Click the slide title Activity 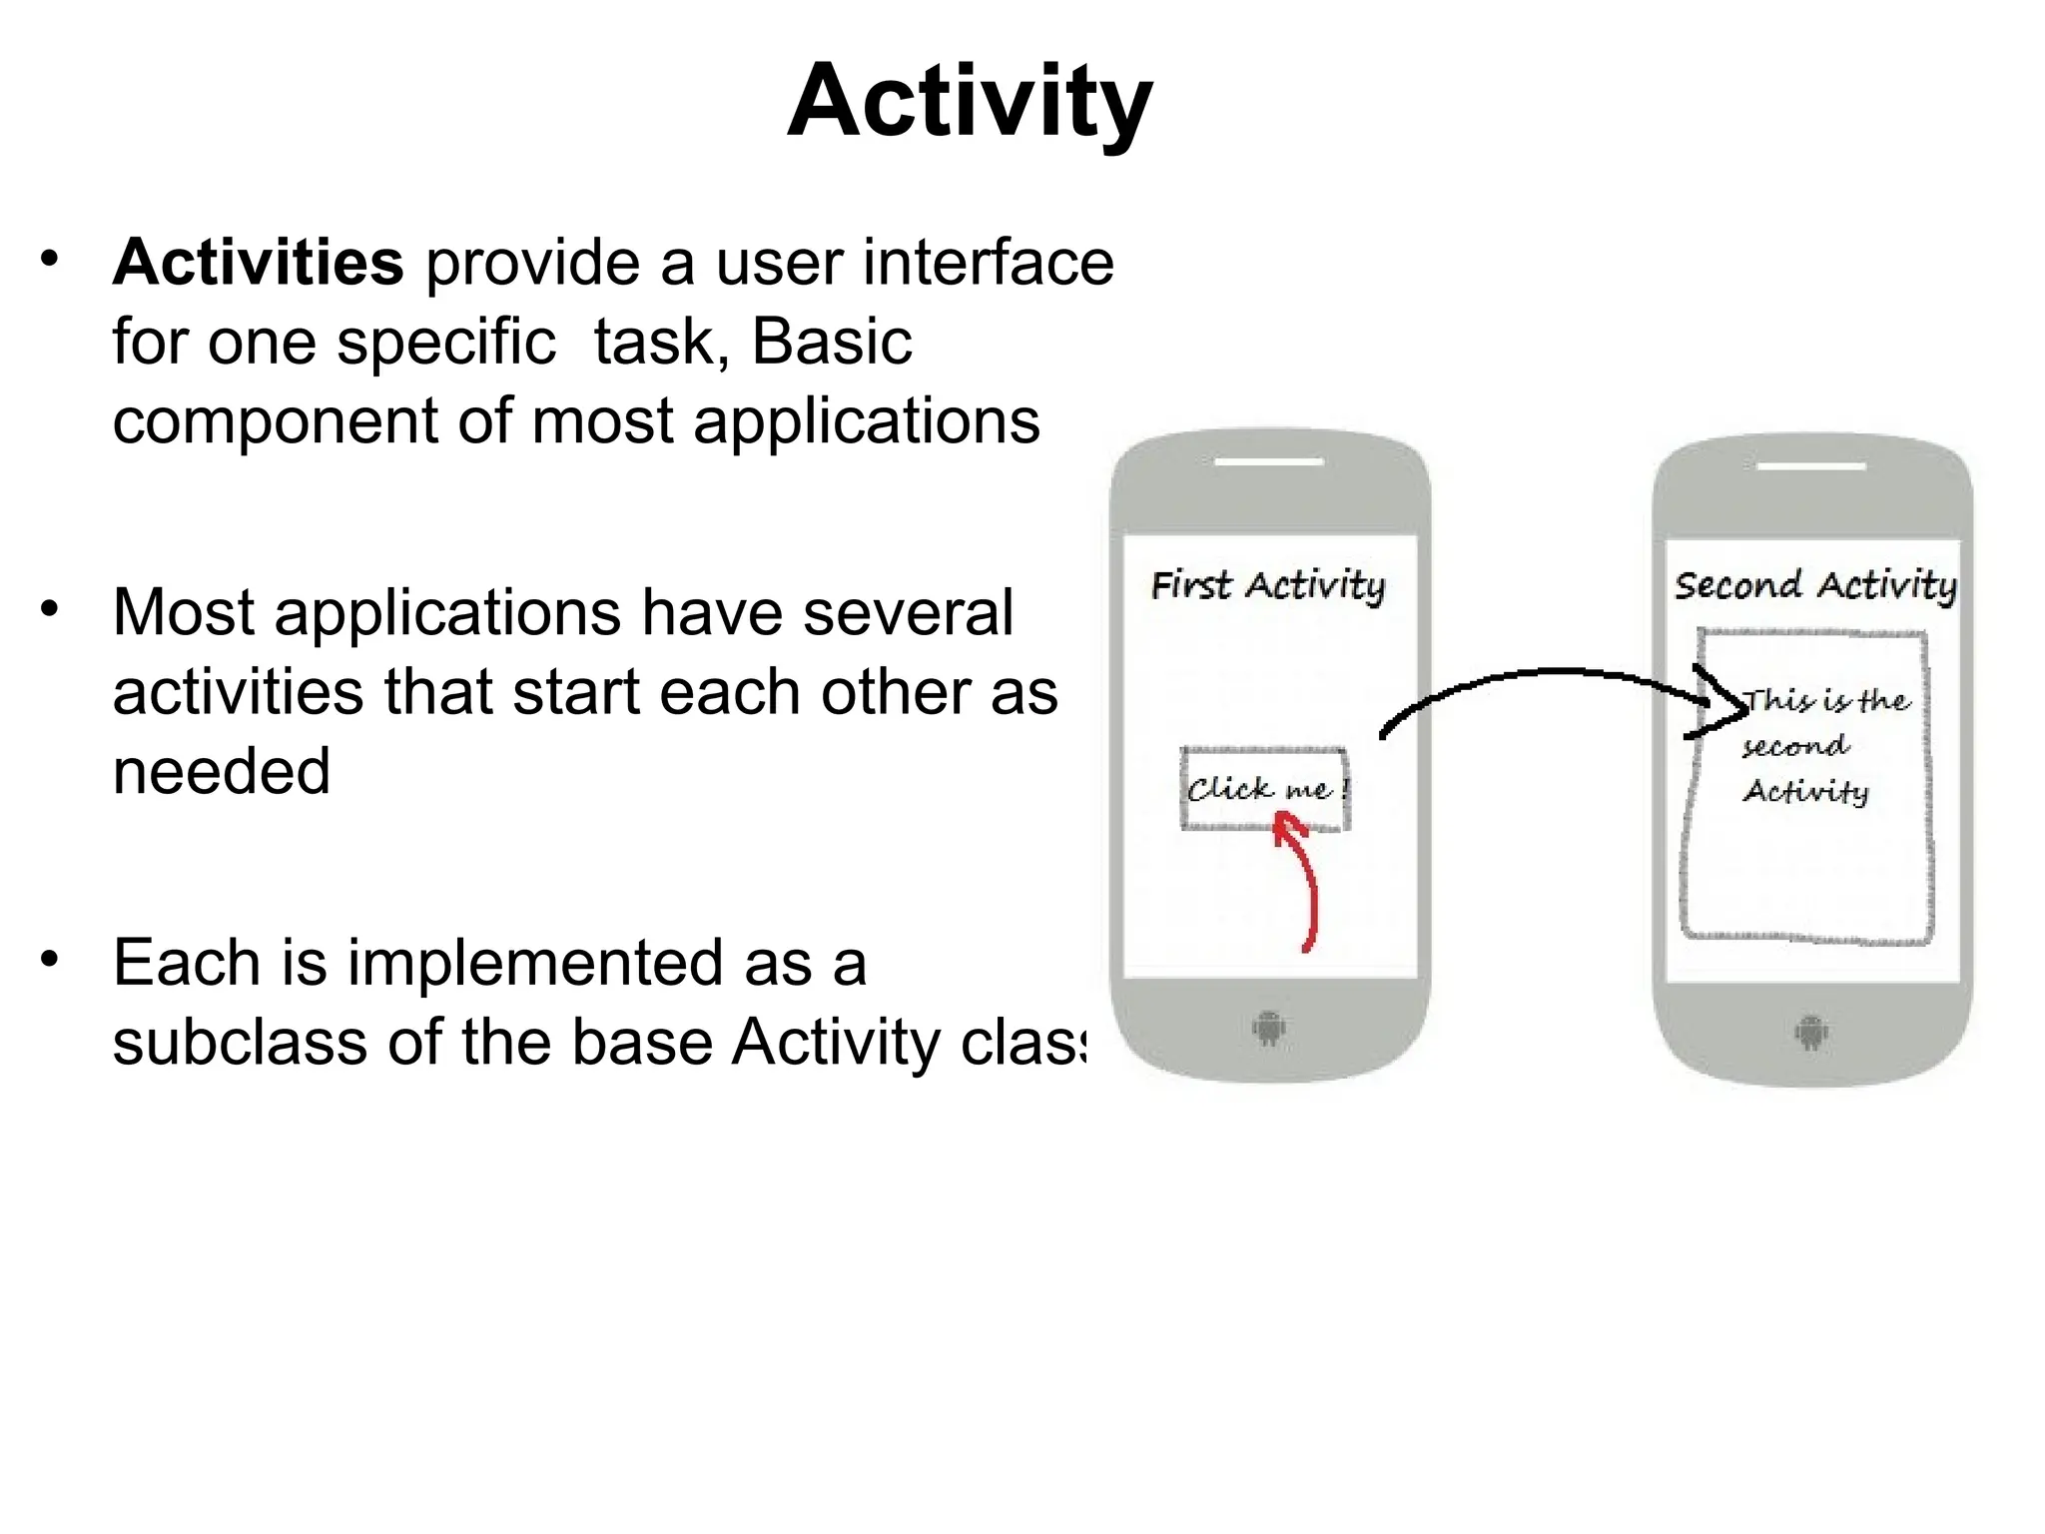point(970,102)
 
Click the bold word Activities point(258,263)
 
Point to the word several point(908,612)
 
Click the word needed point(221,772)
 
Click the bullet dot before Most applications point(50,608)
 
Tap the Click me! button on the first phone point(1264,789)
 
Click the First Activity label point(1267,585)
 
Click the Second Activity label point(1814,585)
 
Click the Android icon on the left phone point(1268,1028)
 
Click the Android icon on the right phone point(1810,1032)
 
